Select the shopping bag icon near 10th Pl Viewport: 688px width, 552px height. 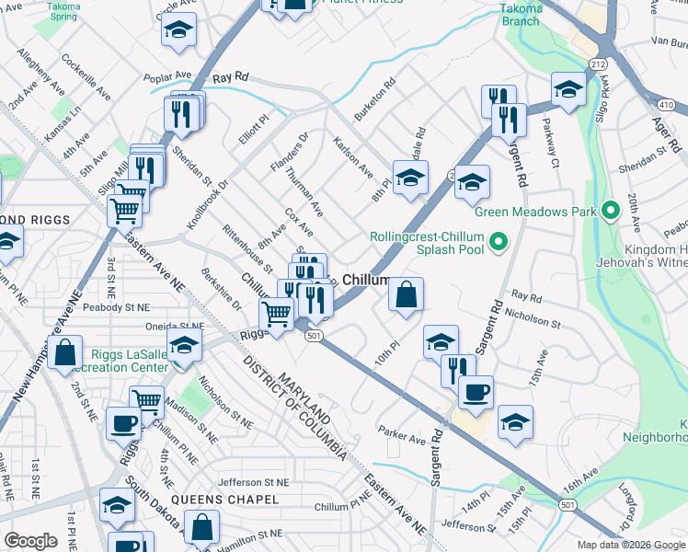click(406, 295)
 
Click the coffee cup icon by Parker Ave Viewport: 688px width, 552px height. click(476, 392)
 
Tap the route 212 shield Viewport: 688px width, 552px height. click(599, 63)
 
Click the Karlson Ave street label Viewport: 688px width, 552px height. click(352, 157)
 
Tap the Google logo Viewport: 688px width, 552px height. click(30, 541)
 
